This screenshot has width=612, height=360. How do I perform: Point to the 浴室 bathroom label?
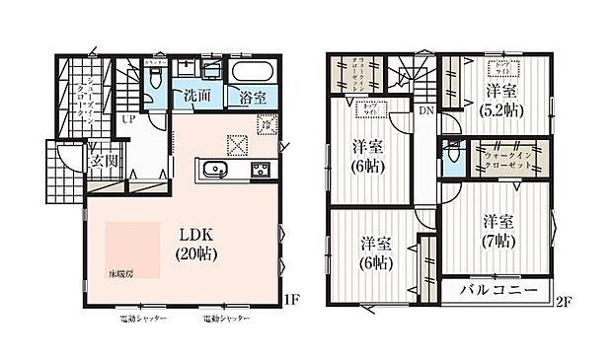(x=253, y=98)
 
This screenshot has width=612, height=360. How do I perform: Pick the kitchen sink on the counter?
(x=216, y=171)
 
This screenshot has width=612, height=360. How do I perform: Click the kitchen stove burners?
(x=262, y=170)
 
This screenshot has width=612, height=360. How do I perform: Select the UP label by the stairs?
(x=127, y=119)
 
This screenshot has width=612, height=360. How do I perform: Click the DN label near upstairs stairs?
(x=425, y=111)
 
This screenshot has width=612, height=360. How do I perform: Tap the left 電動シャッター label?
(x=143, y=321)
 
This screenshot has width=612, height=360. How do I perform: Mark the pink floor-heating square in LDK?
(x=131, y=245)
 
